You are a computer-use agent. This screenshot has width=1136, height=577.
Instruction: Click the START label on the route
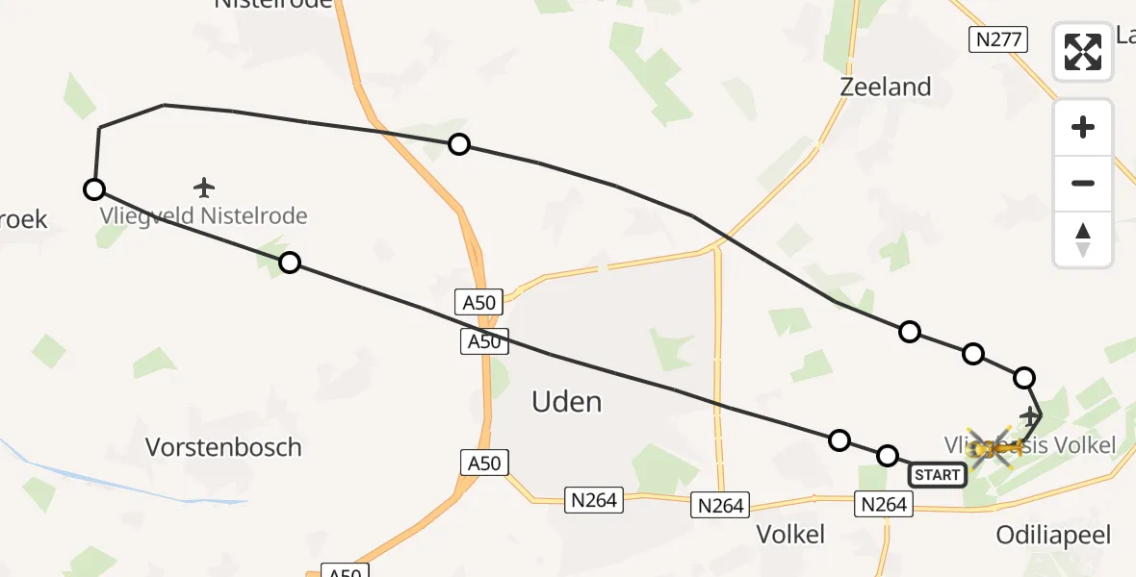pos(937,474)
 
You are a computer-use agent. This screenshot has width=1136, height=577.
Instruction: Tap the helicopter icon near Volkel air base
pos(992,448)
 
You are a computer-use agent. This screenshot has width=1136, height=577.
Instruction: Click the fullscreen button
pos(1083,52)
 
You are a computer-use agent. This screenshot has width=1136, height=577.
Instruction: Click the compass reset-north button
pos(1083,239)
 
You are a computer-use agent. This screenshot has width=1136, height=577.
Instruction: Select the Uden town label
pos(566,401)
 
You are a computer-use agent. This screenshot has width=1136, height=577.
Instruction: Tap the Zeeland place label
pos(885,87)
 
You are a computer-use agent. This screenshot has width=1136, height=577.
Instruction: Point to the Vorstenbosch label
pos(223,447)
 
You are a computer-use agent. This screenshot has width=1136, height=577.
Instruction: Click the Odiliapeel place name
pos(1053,535)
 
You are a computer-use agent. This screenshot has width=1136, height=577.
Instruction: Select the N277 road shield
pos(998,39)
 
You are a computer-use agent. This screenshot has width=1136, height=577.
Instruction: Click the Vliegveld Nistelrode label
pos(204,215)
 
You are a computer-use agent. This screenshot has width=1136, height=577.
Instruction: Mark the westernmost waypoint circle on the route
pos(93,189)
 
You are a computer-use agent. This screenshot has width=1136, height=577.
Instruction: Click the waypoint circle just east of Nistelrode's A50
pos(459,144)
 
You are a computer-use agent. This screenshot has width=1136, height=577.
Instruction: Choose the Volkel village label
pos(790,535)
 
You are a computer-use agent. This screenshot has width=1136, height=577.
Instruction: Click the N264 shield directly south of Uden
pos(594,500)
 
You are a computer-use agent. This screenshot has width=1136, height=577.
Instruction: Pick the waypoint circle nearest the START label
pos(888,455)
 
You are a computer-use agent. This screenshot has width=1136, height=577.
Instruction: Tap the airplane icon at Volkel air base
pos(1030,416)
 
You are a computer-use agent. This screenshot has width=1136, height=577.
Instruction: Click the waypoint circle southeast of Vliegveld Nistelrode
pos(289,263)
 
